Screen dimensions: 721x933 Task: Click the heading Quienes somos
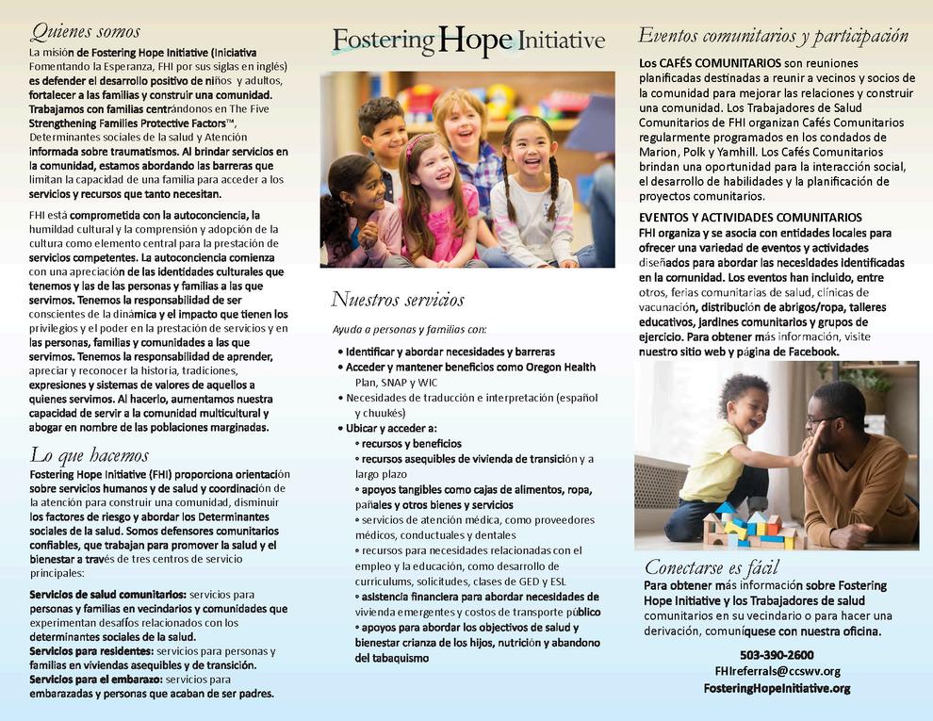pyautogui.click(x=85, y=32)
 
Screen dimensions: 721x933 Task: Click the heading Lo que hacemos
pyautogui.click(x=90, y=455)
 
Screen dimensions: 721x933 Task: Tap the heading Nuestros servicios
pyautogui.click(x=397, y=300)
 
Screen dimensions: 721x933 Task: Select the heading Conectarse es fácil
pyautogui.click(x=712, y=566)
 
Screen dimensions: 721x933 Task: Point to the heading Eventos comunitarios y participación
pyautogui.click(x=773, y=36)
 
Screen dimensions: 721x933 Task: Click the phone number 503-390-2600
pyautogui.click(x=777, y=655)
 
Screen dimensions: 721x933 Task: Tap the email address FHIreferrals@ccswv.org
pyautogui.click(x=777, y=671)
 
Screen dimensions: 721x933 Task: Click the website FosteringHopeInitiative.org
pyautogui.click(x=777, y=688)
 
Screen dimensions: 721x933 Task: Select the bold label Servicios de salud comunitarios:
pyautogui.click(x=107, y=595)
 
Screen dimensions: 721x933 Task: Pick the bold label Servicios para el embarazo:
pyautogui.click(x=95, y=679)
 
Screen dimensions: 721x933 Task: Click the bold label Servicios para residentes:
pyautogui.click(x=90, y=651)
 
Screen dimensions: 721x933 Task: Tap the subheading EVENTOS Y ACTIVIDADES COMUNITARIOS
pyautogui.click(x=750, y=217)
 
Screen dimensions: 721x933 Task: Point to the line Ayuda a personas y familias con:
pyautogui.click(x=410, y=329)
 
